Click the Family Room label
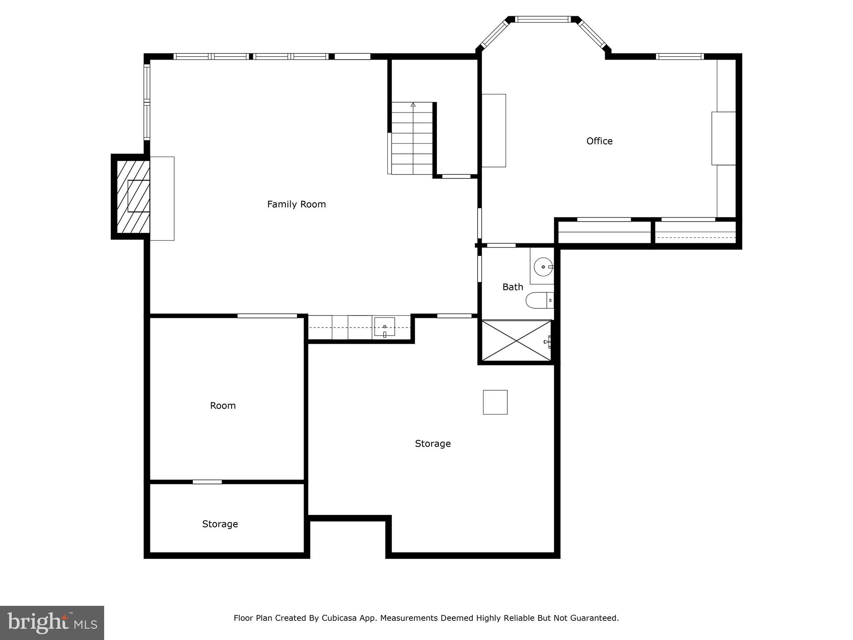[296, 204]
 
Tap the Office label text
[599, 141]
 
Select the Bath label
[512, 287]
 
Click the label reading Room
[222, 406]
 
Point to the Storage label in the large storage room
[432, 444]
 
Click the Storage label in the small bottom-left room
[220, 524]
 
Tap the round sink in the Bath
[543, 267]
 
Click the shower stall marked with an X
[516, 341]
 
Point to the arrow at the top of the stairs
[413, 105]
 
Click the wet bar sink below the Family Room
[384, 327]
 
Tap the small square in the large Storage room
[495, 402]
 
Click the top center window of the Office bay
[542, 19]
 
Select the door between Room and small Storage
[207, 482]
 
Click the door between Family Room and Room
[267, 316]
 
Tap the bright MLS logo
[52, 622]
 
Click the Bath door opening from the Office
[501, 245]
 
